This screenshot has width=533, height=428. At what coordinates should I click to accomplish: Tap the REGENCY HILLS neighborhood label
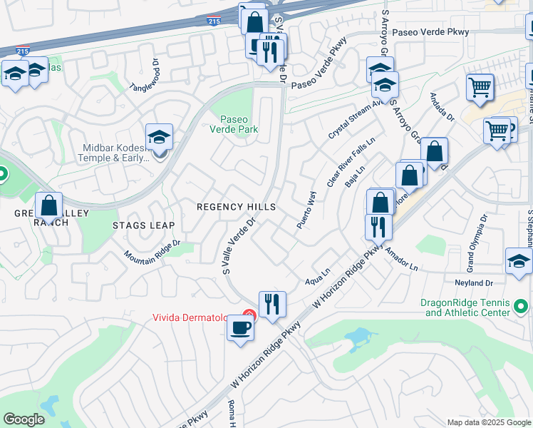tap(237, 207)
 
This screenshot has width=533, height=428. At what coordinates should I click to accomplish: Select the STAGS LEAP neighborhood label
tap(143, 225)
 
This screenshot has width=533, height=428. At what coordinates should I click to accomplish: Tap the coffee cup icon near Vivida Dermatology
tap(239, 329)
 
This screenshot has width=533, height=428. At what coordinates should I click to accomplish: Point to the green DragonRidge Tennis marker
tap(522, 307)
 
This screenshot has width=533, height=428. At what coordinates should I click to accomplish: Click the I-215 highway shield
tap(213, 22)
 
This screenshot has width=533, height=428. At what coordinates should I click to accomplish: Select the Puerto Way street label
tap(306, 210)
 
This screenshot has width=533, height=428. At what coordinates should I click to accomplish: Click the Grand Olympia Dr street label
tap(476, 235)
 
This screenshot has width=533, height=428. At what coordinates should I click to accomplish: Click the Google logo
tap(24, 419)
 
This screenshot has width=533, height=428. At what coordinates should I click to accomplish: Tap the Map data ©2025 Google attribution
tap(489, 422)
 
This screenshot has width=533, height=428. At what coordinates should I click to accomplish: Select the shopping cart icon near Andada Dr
tap(480, 88)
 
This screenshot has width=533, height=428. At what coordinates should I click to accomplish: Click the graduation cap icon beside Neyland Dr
tap(519, 261)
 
